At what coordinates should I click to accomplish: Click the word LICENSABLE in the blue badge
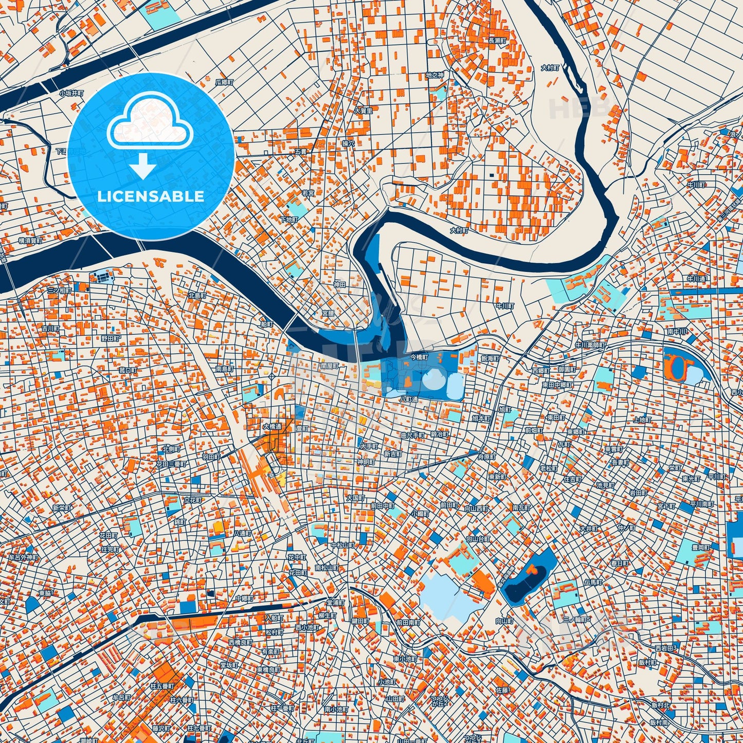tap(151, 196)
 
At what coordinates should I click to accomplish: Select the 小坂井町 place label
tap(71, 93)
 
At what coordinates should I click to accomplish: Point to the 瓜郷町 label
tap(224, 82)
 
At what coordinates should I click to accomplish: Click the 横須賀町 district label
tap(30, 240)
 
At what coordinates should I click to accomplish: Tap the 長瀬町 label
tap(497, 40)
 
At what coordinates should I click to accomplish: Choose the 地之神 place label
tap(434, 75)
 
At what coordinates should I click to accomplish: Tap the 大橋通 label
tap(272, 426)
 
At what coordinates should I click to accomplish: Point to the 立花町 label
tap(193, 500)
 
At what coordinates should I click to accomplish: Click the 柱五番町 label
tap(162, 686)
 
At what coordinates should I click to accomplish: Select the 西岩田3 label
tap(666, 648)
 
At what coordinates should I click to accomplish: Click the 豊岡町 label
tap(700, 548)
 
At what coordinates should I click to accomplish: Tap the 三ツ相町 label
tap(60, 291)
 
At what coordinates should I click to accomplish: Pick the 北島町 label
tap(197, 296)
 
